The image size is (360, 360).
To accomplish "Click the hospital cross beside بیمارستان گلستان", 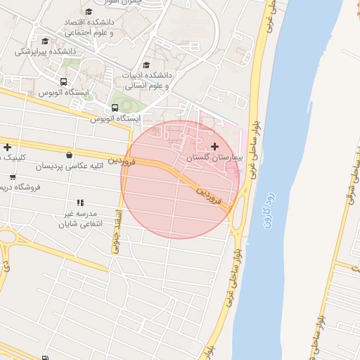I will click(x=214, y=147).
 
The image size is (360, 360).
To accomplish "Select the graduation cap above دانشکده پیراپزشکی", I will click(x=46, y=41).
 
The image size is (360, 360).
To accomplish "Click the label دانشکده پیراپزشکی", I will click(x=46, y=52).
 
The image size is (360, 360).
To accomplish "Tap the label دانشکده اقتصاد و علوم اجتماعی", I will click(x=89, y=27).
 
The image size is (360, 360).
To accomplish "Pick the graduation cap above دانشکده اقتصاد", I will click(x=89, y=11).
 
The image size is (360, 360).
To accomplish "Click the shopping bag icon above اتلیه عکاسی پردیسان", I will click(x=69, y=155).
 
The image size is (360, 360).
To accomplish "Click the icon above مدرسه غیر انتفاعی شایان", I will click(x=81, y=202).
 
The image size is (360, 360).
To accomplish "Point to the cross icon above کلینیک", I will click(x=8, y=147).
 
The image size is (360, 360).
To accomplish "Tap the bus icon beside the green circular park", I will click(x=115, y=108).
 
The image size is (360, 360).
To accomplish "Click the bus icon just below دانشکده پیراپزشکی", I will click(x=64, y=82).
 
